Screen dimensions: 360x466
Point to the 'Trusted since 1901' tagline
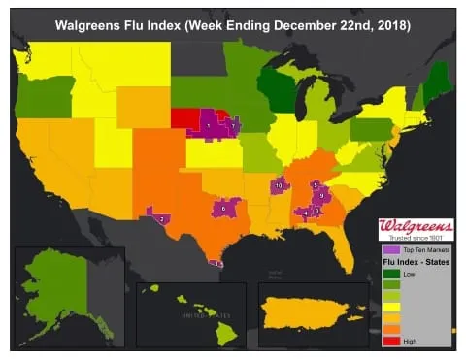[x=416, y=239]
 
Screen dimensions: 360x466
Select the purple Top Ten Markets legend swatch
[x=387, y=250]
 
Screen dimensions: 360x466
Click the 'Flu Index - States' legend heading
[x=416, y=263]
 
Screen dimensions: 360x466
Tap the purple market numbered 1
[x=207, y=125]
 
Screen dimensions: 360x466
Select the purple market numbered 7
[x=233, y=126]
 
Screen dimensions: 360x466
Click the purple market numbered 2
[x=160, y=218]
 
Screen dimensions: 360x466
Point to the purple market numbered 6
[x=223, y=208]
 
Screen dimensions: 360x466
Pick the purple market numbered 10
[x=280, y=184]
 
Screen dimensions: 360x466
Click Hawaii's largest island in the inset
[x=225, y=334]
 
